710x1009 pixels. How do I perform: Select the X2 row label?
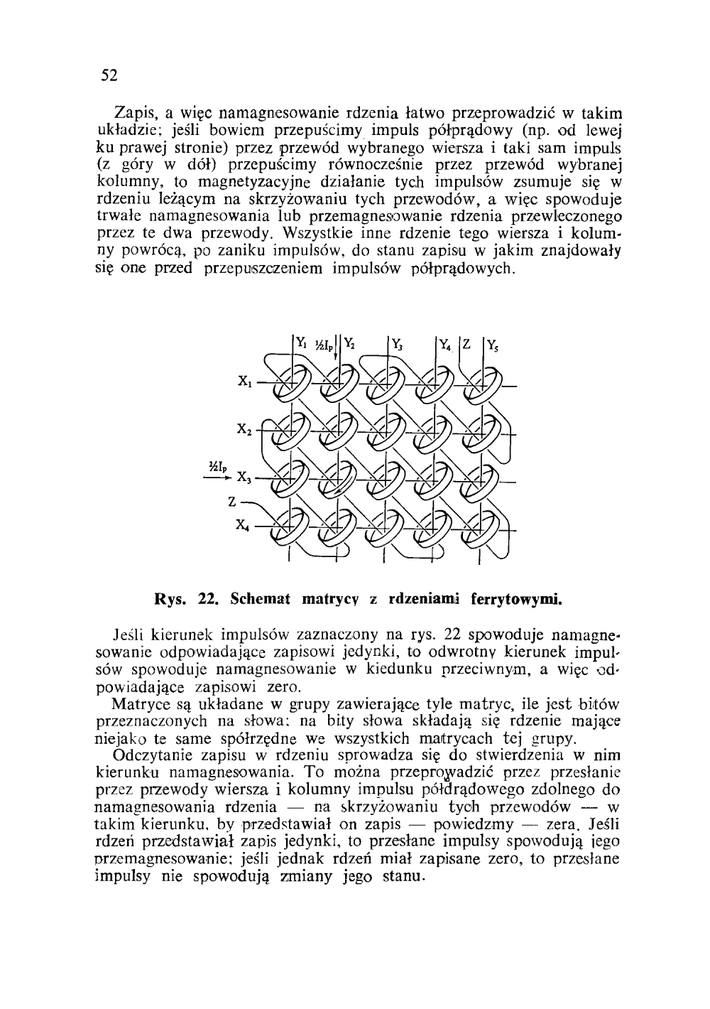click(246, 429)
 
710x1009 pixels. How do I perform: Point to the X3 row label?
click(244, 476)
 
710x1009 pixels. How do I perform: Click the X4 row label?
click(243, 527)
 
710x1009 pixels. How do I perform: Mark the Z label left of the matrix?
click(231, 501)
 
